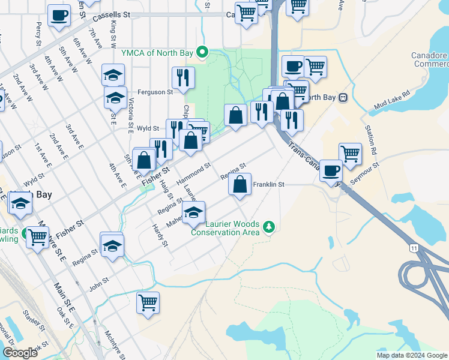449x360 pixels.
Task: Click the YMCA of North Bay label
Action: coord(158,52)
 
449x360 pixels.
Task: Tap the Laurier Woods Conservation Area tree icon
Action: coord(270,226)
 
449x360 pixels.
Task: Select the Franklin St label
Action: coord(268,185)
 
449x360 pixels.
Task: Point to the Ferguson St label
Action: coord(155,92)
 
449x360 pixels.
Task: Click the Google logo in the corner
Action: coord(20,353)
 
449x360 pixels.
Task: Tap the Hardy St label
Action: coord(160,235)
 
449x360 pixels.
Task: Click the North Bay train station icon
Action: coord(343,97)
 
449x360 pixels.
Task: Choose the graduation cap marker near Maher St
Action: coord(193,212)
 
